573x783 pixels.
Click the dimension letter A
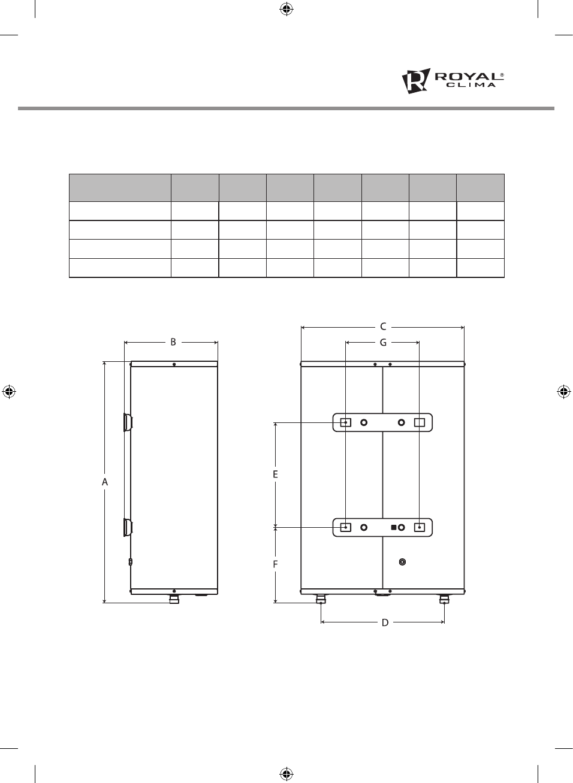click(105, 482)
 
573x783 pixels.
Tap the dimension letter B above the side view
click(173, 342)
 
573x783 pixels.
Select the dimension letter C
click(383, 327)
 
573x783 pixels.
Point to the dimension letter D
click(385, 622)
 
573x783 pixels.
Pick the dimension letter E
click(275, 474)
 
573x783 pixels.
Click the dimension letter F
click(275, 564)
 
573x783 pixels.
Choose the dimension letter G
click(383, 343)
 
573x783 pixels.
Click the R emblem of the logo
click(415, 81)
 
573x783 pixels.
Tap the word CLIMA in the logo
click(471, 85)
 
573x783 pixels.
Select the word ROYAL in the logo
click(467, 77)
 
